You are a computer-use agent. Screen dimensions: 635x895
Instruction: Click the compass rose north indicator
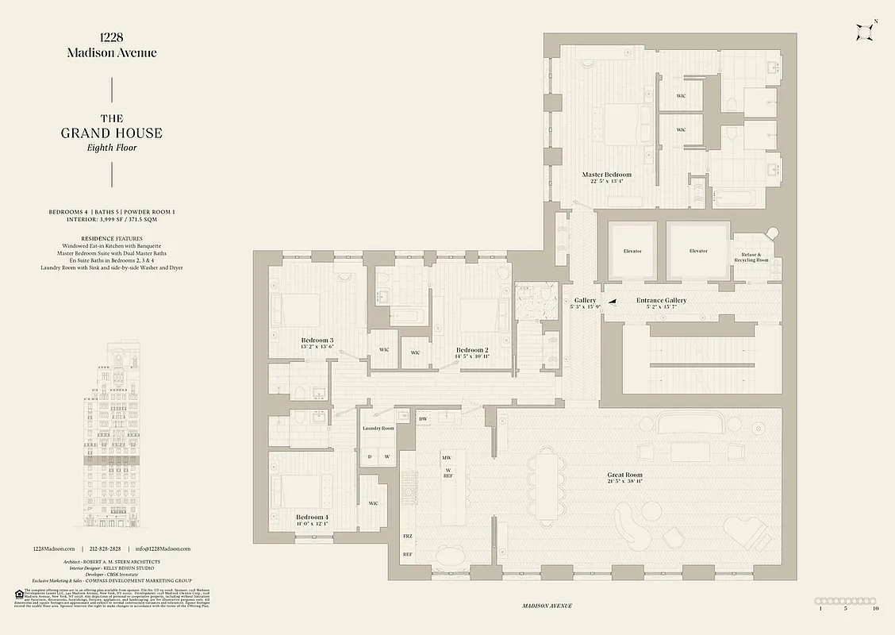866,32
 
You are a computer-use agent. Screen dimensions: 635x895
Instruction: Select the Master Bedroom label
606,175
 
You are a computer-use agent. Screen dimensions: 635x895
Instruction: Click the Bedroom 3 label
317,341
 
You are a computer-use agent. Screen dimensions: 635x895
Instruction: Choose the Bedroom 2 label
471,350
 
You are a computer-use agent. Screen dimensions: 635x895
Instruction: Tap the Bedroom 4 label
312,517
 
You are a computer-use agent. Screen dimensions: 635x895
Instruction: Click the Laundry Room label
378,428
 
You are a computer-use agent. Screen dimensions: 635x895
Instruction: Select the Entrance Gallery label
661,300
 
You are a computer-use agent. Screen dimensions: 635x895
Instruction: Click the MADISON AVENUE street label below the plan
547,606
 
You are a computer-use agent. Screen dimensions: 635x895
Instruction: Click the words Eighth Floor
111,148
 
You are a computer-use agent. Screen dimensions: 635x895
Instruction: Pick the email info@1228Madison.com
162,548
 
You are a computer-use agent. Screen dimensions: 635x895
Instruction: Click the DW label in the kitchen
423,418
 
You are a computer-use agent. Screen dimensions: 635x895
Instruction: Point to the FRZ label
408,537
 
